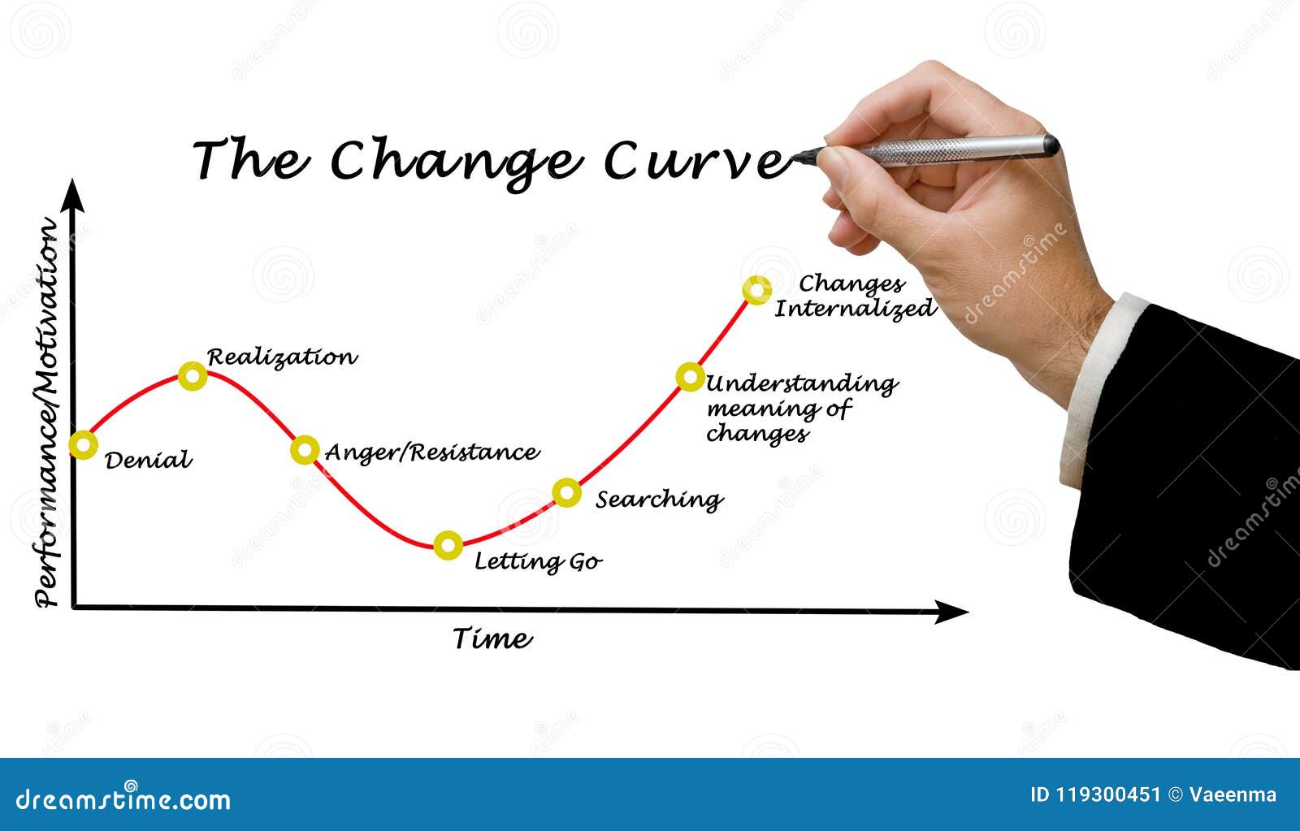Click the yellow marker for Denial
click(x=83, y=444)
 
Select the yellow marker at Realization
click(x=193, y=375)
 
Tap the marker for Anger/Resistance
click(x=305, y=449)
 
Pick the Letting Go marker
click(x=448, y=545)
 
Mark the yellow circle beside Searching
click(x=567, y=492)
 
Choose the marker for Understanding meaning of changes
click(x=690, y=376)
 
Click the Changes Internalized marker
click(x=756, y=290)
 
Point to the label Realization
click(x=281, y=357)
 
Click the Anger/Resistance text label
click(x=431, y=452)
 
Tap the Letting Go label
click(x=538, y=561)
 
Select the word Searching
click(x=659, y=499)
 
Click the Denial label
click(x=149, y=461)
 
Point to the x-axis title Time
click(x=492, y=638)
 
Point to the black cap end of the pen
click(x=1051, y=145)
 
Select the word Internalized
click(x=855, y=309)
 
